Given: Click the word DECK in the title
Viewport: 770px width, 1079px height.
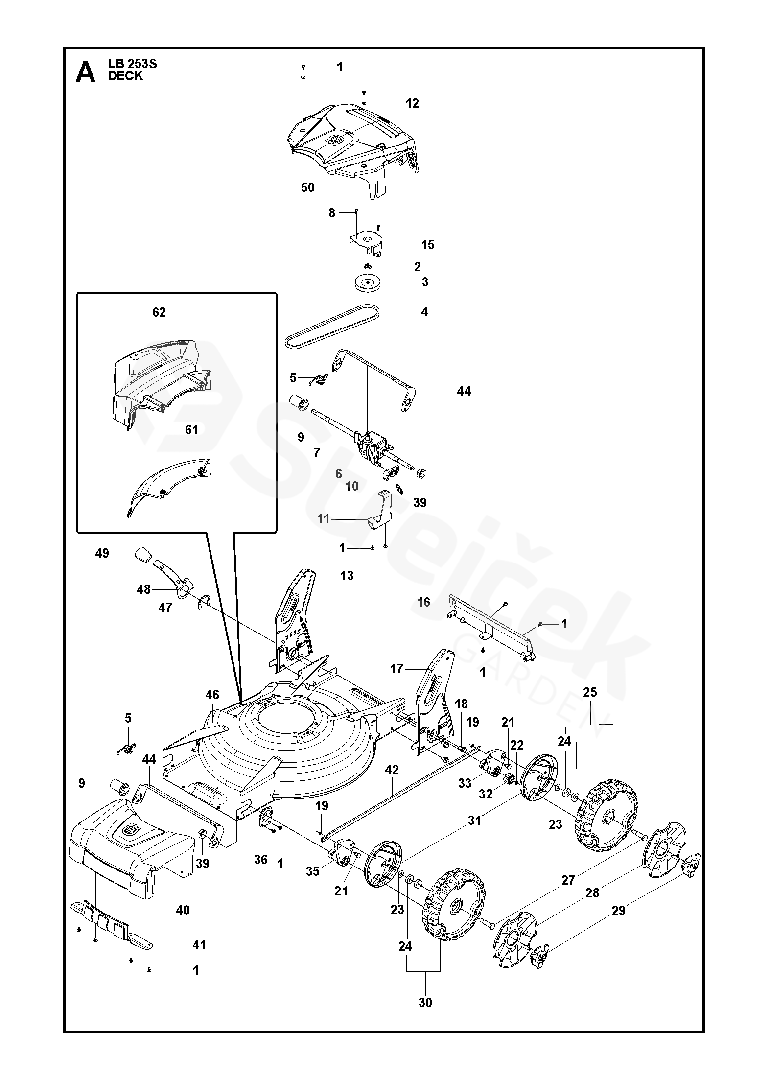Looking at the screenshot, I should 125,76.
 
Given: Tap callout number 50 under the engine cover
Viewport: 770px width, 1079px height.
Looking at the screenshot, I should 308,188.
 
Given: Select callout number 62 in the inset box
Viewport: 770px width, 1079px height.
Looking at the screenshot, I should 159,312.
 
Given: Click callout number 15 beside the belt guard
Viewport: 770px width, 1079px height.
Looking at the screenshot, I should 428,244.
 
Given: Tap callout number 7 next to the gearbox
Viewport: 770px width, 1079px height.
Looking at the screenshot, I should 317,453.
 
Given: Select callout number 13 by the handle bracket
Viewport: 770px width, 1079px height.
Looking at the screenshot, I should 347,575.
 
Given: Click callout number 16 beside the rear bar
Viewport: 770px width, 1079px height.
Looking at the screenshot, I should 423,602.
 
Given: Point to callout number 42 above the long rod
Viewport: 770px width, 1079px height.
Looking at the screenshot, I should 392,770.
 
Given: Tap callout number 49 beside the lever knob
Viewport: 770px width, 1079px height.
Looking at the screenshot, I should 102,553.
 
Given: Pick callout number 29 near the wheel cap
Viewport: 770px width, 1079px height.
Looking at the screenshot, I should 619,910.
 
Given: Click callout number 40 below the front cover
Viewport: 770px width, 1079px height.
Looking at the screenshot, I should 183,910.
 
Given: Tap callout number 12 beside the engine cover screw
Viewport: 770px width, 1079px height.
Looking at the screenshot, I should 413,103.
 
